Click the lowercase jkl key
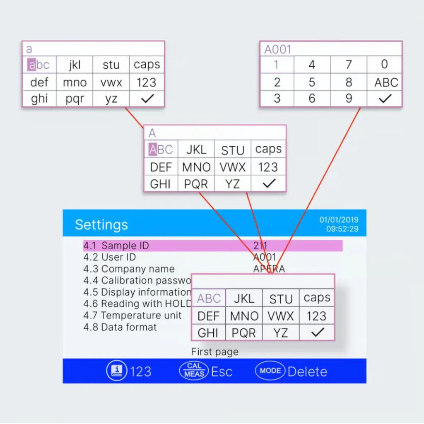click(75, 65)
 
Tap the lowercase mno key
click(75, 82)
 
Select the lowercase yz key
click(111, 99)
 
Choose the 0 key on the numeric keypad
click(384, 65)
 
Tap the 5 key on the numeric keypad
click(312, 82)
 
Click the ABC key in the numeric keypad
click(386, 82)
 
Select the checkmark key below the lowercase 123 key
click(147, 99)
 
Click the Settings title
click(101, 225)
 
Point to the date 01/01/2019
click(339, 220)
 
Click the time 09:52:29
click(342, 229)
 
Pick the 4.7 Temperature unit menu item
click(132, 316)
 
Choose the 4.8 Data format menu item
click(120, 327)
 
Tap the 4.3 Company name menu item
click(129, 269)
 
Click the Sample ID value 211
click(260, 246)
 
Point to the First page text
click(214, 352)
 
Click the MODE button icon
click(270, 371)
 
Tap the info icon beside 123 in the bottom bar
click(117, 371)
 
